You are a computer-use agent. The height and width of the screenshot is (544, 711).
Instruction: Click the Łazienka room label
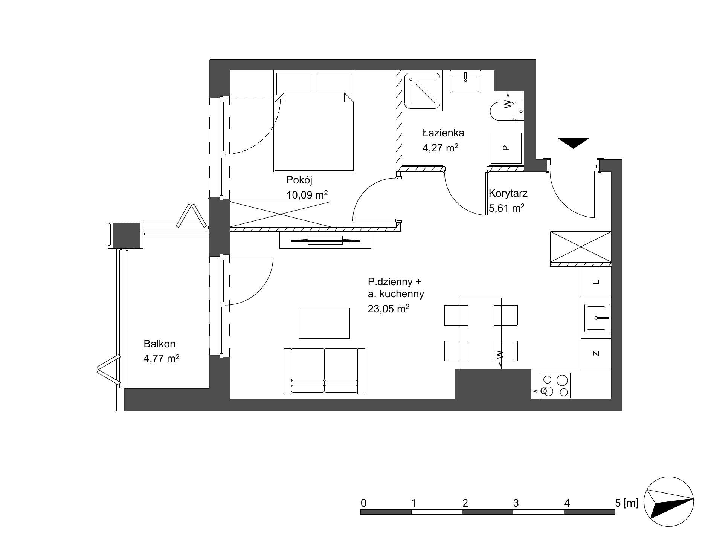pyautogui.click(x=443, y=133)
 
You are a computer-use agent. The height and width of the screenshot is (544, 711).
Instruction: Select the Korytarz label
pyautogui.click(x=508, y=194)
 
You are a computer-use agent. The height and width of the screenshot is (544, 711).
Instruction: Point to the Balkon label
pyautogui.click(x=159, y=344)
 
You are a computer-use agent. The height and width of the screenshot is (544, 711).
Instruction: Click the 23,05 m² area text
pyautogui.click(x=389, y=309)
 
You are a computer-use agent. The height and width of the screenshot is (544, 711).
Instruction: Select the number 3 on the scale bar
pyautogui.click(x=516, y=503)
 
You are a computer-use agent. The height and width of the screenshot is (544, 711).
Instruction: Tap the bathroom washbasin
pyautogui.click(x=465, y=82)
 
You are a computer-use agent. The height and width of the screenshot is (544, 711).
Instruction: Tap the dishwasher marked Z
pyautogui.click(x=596, y=353)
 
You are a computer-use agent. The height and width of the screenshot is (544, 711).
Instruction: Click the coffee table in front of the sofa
pyautogui.click(x=324, y=323)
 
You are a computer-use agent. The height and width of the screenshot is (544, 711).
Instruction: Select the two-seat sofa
pyautogui.click(x=324, y=371)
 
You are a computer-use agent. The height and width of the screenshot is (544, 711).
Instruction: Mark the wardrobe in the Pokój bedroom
pyautogui.click(x=280, y=214)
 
